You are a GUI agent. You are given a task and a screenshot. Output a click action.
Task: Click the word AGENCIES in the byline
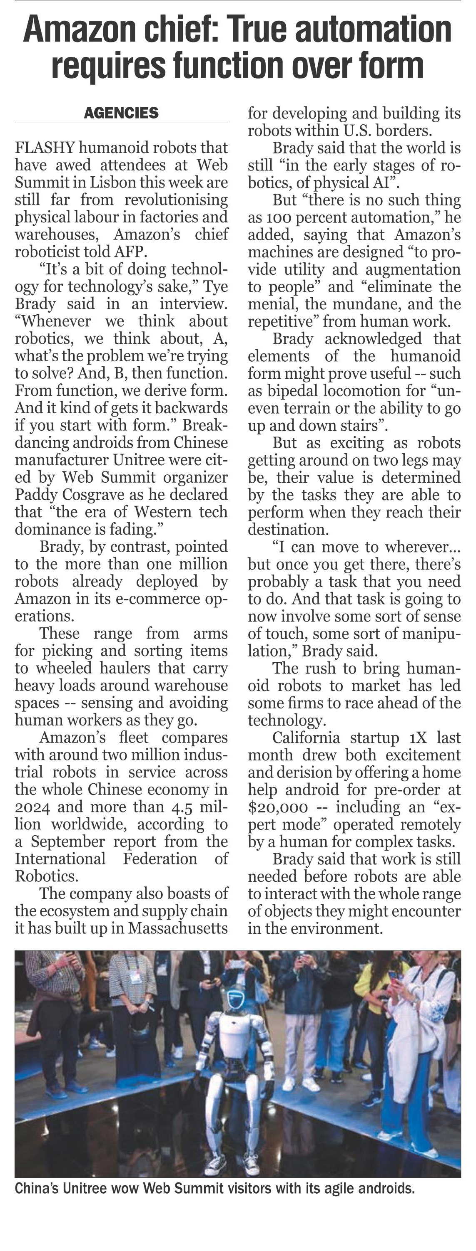[121, 113]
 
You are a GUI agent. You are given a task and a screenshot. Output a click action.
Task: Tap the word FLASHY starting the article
[45, 148]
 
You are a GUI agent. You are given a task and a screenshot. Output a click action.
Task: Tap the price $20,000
[278, 807]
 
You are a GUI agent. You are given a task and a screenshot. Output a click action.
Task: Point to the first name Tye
[215, 286]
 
